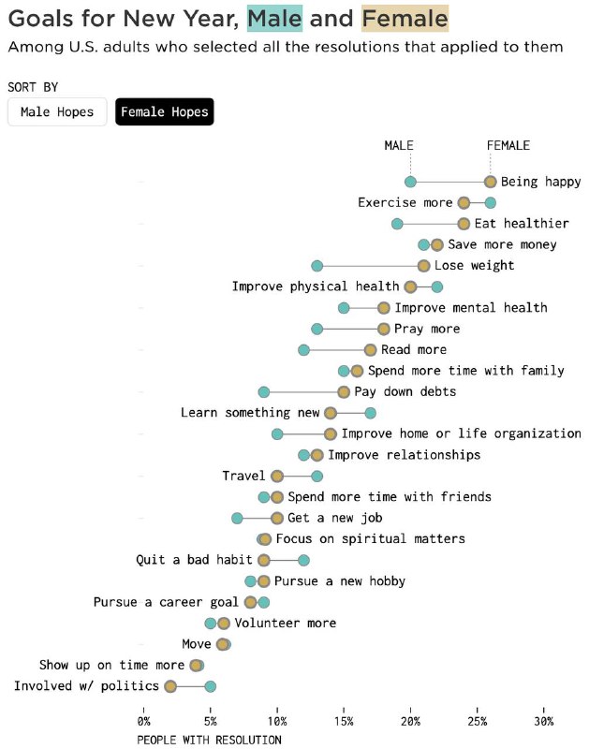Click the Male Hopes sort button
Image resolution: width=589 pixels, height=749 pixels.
(x=57, y=111)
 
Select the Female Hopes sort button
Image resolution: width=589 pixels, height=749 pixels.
(x=164, y=111)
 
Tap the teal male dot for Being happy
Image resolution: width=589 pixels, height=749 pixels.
(x=410, y=182)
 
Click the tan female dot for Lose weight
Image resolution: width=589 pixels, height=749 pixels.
(x=423, y=266)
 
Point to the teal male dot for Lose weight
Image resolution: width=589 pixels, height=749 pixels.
(x=317, y=266)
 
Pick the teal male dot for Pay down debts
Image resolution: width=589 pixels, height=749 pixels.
(x=264, y=392)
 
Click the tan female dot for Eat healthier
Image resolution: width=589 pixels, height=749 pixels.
(x=464, y=224)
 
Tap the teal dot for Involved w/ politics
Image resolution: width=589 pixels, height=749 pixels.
(x=210, y=686)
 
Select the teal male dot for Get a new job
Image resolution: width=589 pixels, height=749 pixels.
(x=237, y=519)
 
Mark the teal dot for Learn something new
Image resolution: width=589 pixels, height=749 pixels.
(x=370, y=413)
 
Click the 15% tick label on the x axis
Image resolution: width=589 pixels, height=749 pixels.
(x=344, y=721)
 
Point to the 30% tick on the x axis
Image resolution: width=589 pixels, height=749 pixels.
(x=544, y=711)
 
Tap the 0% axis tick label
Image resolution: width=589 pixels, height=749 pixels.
(x=143, y=721)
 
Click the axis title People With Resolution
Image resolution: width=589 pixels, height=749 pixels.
(x=209, y=740)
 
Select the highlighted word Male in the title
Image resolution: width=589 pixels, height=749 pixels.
(x=274, y=18)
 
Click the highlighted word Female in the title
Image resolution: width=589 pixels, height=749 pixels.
(x=405, y=18)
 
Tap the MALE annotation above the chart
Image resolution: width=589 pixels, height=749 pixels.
(x=399, y=145)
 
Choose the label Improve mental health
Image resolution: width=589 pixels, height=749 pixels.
(x=471, y=308)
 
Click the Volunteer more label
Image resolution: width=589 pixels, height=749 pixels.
(x=286, y=623)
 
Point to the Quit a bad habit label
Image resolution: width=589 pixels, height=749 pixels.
(x=194, y=560)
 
